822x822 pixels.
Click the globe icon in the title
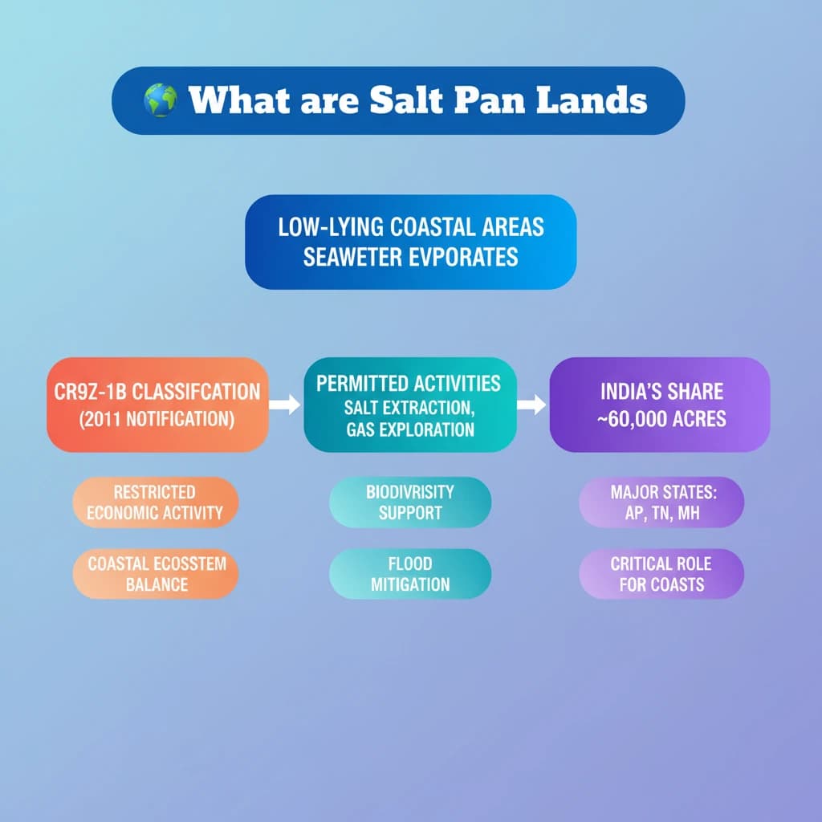pyautogui.click(x=161, y=100)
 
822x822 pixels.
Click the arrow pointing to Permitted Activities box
pyautogui.click(x=285, y=405)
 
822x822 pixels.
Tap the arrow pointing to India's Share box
pyautogui.click(x=531, y=405)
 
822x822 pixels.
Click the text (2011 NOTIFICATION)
pyautogui.click(x=157, y=419)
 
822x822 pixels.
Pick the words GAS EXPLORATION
pyautogui.click(x=410, y=430)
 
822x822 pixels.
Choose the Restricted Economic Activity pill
pyautogui.click(x=155, y=503)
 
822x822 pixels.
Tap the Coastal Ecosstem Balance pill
pyautogui.click(x=155, y=574)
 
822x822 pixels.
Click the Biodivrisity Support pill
pyautogui.click(x=410, y=503)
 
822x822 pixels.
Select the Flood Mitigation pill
pyautogui.click(x=410, y=574)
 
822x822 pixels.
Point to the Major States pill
pyautogui.click(x=661, y=503)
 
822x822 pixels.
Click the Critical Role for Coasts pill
pyautogui.click(x=661, y=574)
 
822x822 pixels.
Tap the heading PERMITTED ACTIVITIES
pyautogui.click(x=409, y=384)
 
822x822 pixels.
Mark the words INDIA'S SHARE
pyautogui.click(x=661, y=392)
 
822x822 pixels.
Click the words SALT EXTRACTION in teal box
pyautogui.click(x=409, y=408)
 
